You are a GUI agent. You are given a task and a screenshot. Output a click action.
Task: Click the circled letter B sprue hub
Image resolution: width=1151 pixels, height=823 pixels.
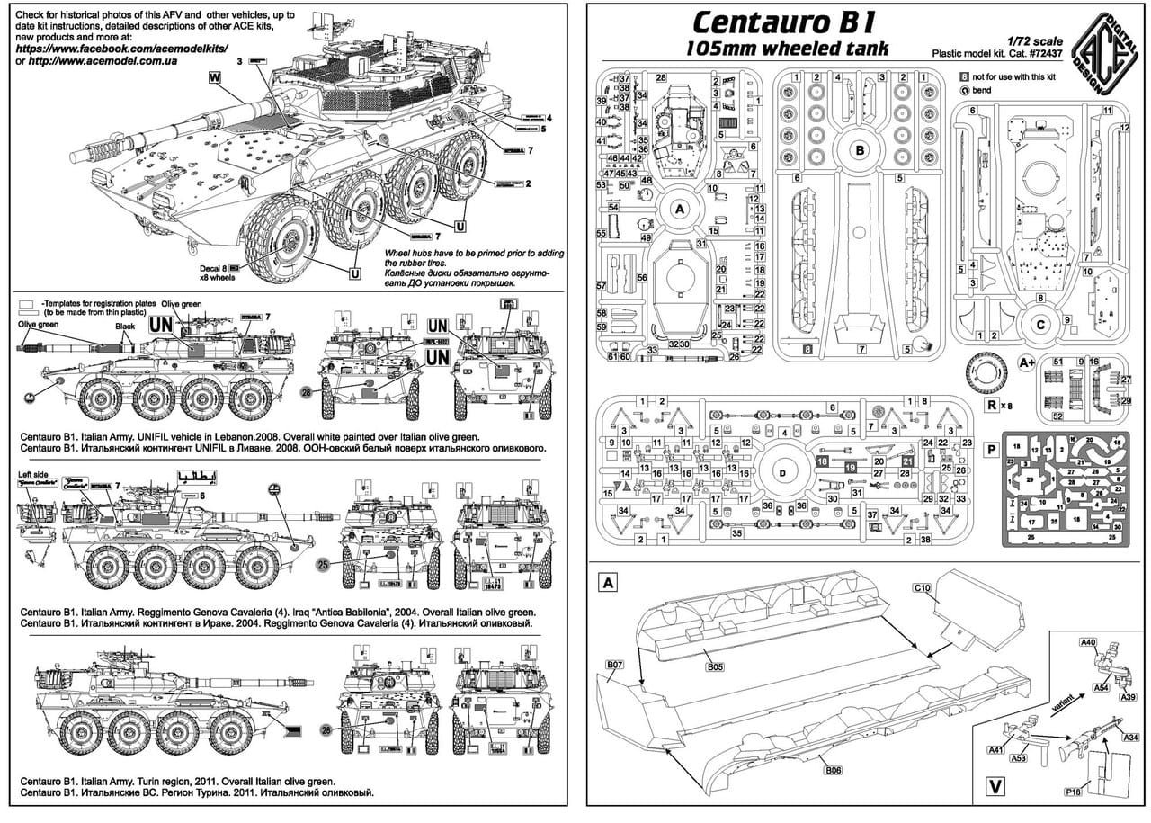pyautogui.click(x=860, y=150)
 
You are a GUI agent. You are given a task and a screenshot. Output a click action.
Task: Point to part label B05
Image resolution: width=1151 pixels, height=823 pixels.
pyautogui.click(x=715, y=666)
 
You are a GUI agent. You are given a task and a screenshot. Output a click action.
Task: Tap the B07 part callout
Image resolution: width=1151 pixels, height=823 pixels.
pyautogui.click(x=614, y=665)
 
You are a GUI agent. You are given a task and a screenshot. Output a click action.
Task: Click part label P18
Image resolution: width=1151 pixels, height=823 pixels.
pyautogui.click(x=1072, y=791)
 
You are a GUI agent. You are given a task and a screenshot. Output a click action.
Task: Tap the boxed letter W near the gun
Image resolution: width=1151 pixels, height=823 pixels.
pyautogui.click(x=214, y=78)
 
